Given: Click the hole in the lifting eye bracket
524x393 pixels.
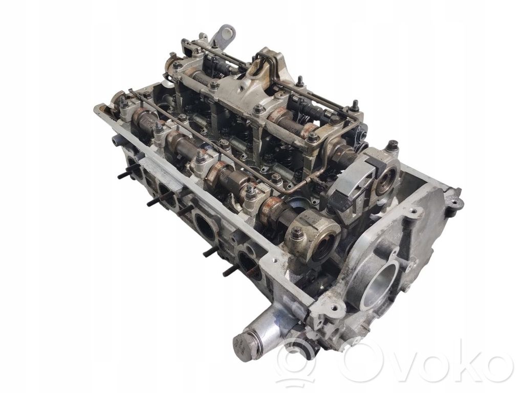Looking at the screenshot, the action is click(x=228, y=33).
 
